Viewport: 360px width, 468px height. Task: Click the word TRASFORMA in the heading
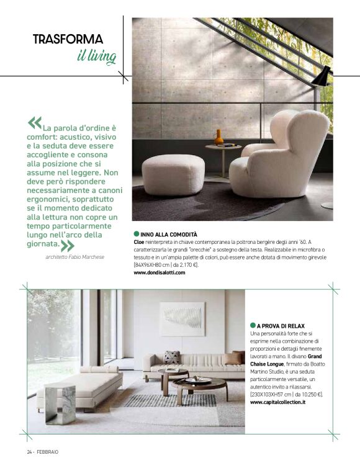68,40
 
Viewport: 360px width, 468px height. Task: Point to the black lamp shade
322,76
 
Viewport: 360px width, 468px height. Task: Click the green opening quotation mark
35,121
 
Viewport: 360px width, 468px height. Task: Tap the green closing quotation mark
67,245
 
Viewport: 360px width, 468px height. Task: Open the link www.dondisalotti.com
160,272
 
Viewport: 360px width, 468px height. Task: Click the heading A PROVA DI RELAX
281,325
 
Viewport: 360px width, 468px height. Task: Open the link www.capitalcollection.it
277,402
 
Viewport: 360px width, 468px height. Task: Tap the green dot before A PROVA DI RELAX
253,325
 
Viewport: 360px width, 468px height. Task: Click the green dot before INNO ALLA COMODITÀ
137,235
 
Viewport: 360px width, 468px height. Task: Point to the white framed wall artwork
182,319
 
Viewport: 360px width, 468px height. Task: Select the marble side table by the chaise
60,403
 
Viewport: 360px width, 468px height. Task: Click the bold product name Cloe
140,242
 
